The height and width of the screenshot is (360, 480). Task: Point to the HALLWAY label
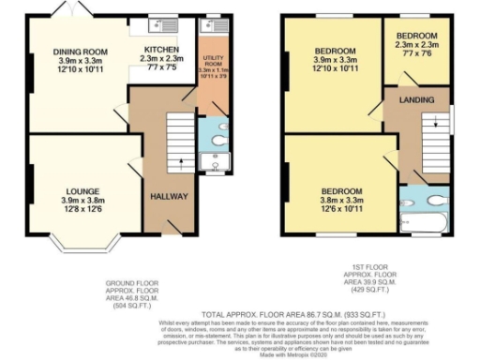coord(170,197)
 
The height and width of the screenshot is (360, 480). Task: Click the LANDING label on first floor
coord(415,98)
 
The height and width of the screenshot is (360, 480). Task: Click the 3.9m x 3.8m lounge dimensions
coord(78,200)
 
